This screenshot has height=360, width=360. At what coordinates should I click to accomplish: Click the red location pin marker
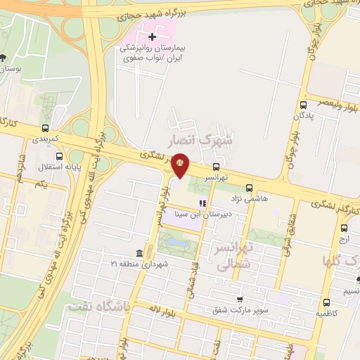coord(181,163)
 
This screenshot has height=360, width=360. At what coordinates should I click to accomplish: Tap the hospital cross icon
coord(152,36)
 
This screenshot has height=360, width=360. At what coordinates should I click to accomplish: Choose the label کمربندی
coord(46,139)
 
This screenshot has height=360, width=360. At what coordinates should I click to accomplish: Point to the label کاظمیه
coord(325,311)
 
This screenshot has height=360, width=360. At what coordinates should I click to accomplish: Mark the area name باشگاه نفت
coord(99,307)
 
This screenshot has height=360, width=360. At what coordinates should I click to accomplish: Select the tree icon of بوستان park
coord(5,58)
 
